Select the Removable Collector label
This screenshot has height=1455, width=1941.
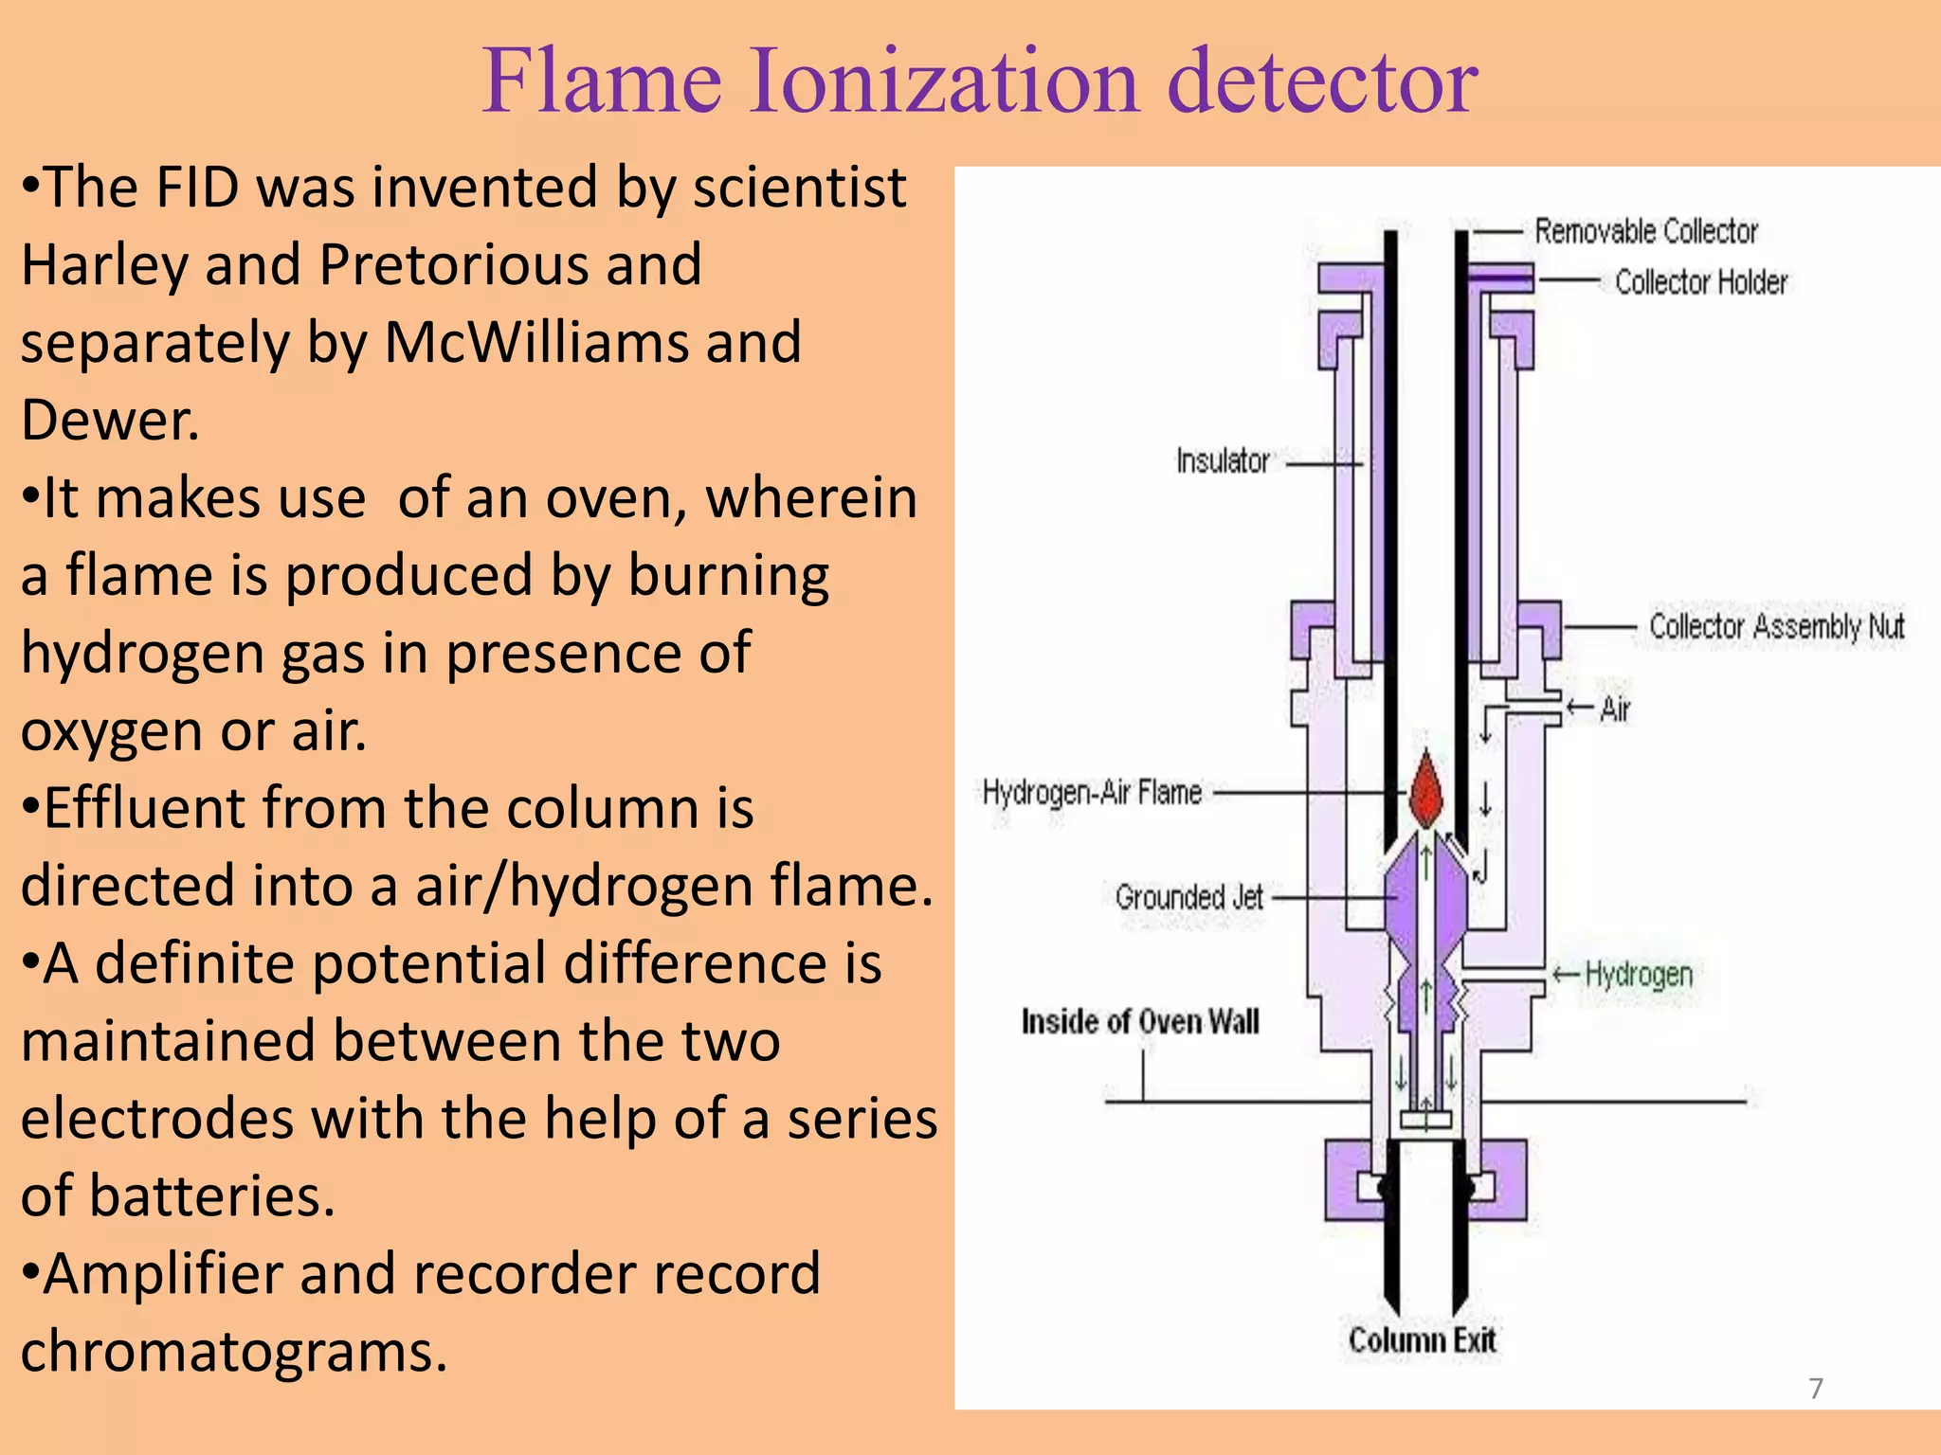click(x=1645, y=231)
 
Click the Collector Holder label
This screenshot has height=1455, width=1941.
click(x=1700, y=281)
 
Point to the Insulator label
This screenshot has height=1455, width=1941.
click(x=1223, y=461)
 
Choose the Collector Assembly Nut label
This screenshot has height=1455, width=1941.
click(x=1776, y=626)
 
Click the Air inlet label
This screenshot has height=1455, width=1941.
click(x=1614, y=709)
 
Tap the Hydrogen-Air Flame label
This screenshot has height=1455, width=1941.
click(x=1092, y=792)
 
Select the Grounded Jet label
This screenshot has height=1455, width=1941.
click(x=1188, y=896)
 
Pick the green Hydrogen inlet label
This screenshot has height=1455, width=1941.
click(x=1638, y=974)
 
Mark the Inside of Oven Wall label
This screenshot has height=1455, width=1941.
click(x=1140, y=1021)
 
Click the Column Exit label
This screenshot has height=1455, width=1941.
click(x=1422, y=1340)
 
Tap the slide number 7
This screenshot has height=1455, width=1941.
click(x=1815, y=1389)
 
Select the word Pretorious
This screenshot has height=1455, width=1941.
click(x=510, y=264)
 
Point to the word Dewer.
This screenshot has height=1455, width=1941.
click(x=110, y=420)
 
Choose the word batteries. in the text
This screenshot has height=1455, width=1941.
click(x=212, y=1195)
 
